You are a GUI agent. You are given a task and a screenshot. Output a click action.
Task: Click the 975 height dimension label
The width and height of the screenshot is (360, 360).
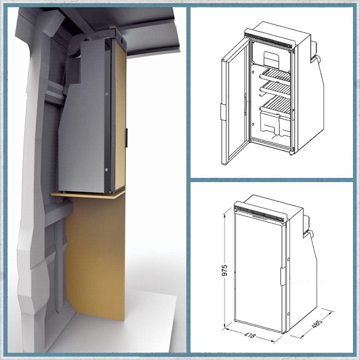(x=224, y=270)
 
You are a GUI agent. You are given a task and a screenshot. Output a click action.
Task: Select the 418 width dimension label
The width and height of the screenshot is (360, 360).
(x=249, y=335)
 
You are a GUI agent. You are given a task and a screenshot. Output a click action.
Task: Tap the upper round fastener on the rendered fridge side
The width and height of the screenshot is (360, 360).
(x=106, y=94)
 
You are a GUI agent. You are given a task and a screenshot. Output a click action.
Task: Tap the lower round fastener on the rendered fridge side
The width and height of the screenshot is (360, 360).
(x=106, y=170)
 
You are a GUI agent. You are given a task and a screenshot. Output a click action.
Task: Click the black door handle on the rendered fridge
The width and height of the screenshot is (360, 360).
(x=127, y=138)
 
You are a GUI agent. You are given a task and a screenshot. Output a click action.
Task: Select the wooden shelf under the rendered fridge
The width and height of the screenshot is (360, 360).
(x=88, y=194)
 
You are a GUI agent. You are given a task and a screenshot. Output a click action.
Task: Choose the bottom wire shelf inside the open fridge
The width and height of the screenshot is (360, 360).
(x=276, y=105)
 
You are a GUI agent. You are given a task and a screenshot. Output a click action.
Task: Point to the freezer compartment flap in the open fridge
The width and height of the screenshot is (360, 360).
(x=271, y=58)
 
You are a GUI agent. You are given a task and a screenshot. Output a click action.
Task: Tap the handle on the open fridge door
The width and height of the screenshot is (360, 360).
(x=223, y=112)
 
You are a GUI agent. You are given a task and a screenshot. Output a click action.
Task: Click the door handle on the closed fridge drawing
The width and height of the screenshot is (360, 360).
(x=283, y=276)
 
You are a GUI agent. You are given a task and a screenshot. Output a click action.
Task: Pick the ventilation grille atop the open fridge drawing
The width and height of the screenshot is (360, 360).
(x=269, y=39)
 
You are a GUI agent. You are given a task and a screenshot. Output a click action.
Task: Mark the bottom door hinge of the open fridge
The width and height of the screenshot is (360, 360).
(x=292, y=152)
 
